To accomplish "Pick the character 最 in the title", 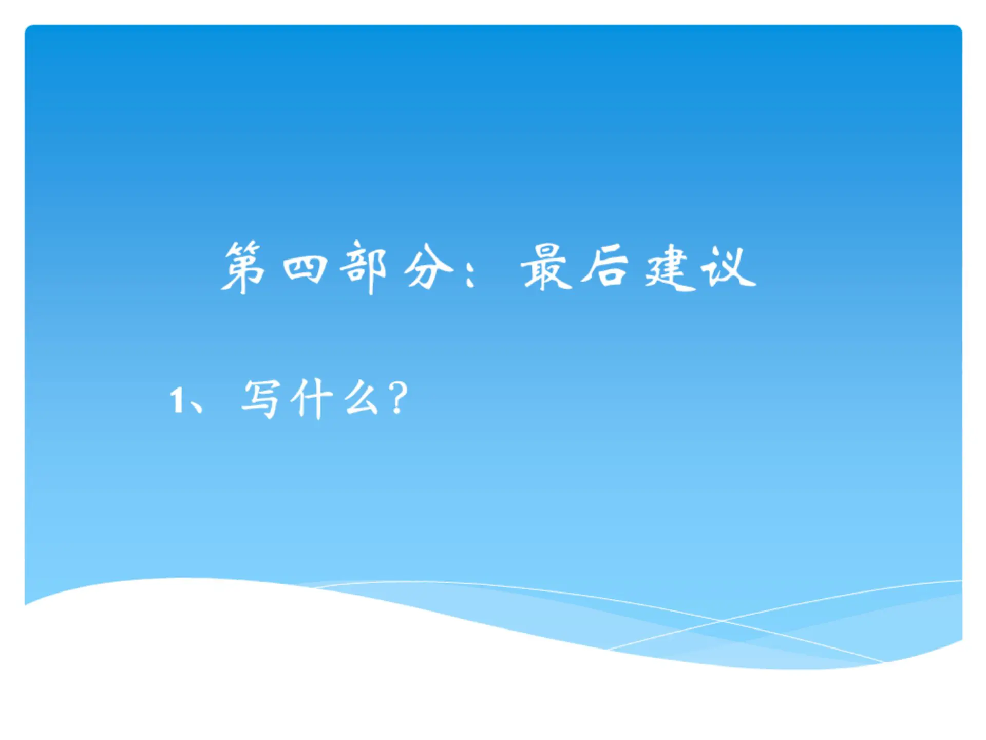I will click(x=546, y=267).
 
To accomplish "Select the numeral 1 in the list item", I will click(x=177, y=400).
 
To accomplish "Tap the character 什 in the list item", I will click(x=311, y=400).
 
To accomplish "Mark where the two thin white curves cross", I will click(x=722, y=621).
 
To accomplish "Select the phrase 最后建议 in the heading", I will click(x=638, y=268).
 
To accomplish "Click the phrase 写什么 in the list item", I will click(x=311, y=399).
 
